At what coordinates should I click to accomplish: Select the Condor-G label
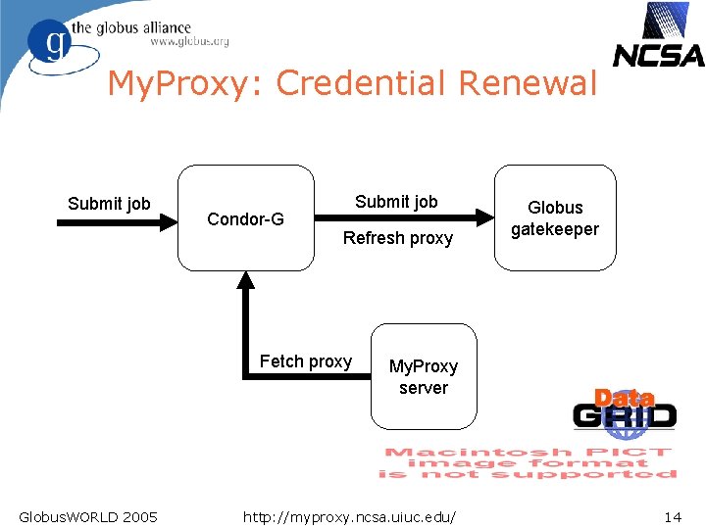point(245,219)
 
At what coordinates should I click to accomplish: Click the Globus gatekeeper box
point(555,217)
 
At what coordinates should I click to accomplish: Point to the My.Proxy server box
point(423,377)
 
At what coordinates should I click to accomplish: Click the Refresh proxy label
point(398,238)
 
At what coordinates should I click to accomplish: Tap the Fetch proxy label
point(305,361)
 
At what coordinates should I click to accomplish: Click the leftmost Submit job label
point(109,204)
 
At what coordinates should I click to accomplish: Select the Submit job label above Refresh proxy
point(396,202)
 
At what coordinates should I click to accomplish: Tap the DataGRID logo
point(625,409)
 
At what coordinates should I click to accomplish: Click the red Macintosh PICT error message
point(528,462)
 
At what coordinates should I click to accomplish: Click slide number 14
point(673,515)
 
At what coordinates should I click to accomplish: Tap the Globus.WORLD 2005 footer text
point(87,515)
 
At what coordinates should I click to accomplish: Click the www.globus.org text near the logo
point(189,42)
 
